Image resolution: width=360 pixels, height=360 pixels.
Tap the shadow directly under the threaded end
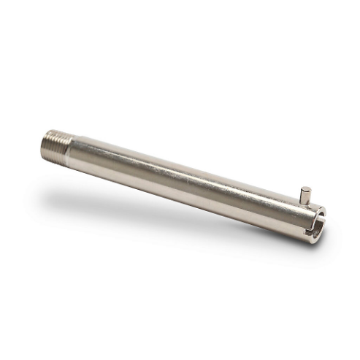coord(55,169)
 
